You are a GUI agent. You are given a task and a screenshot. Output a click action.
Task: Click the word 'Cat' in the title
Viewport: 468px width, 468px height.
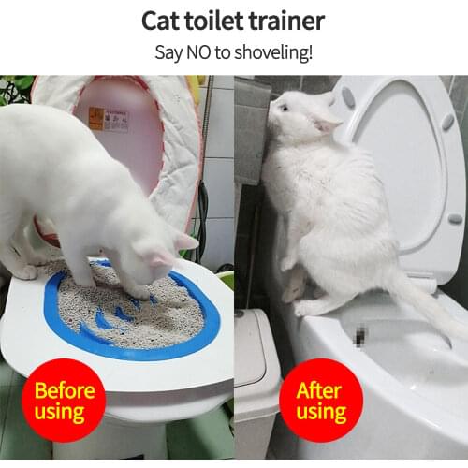coord(163,21)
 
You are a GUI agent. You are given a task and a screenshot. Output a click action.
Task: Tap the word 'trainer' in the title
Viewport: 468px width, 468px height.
coord(287,21)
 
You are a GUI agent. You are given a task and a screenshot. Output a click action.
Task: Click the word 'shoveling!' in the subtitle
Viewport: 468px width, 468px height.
coord(274,51)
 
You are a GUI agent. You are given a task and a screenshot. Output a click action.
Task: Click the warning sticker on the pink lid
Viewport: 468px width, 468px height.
coord(109,119)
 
